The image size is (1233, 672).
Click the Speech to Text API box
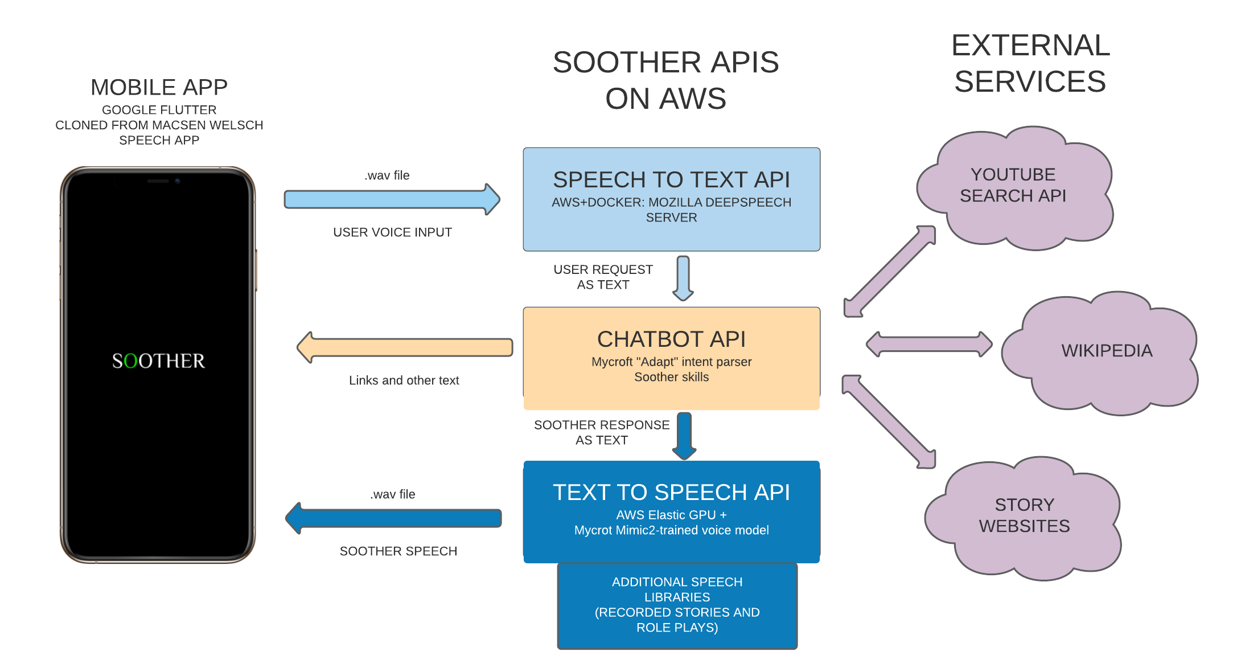pos(671,199)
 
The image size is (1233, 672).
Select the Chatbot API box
pos(671,358)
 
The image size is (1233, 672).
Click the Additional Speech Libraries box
pos(677,605)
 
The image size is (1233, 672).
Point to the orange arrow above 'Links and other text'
pos(405,347)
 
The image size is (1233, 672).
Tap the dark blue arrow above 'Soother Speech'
pos(393,518)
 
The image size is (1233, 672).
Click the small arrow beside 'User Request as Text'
pos(683,277)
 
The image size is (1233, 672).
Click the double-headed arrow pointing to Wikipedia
pos(928,344)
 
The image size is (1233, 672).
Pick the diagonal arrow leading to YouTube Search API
pos(890,271)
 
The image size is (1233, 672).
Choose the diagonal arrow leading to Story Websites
pos(889,421)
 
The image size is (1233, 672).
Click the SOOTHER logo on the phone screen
pos(158,361)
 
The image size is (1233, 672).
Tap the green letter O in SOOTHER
pos(130,361)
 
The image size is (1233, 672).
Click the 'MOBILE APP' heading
pos(159,88)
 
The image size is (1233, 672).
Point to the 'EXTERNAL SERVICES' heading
pos(1030,63)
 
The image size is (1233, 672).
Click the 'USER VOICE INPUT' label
pos(392,232)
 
